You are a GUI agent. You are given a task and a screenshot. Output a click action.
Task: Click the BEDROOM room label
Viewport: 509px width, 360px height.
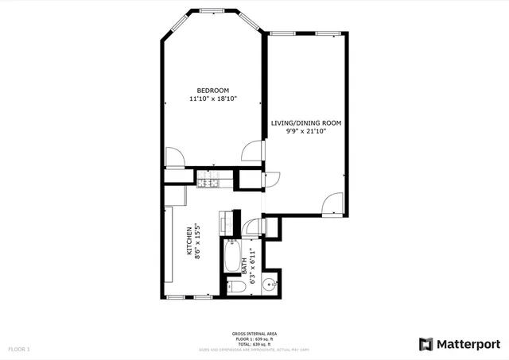tap(213, 90)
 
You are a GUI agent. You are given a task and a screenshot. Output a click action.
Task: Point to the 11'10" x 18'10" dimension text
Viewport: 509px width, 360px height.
tap(213, 99)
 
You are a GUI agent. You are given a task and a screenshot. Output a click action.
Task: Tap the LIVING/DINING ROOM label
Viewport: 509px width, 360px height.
tap(306, 123)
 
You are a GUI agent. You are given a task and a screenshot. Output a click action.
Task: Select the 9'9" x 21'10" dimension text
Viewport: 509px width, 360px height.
tap(306, 132)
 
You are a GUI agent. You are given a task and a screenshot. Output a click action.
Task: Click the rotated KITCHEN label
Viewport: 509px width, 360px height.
tap(189, 242)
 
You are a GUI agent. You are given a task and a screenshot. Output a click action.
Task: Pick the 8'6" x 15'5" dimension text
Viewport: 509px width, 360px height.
tap(198, 242)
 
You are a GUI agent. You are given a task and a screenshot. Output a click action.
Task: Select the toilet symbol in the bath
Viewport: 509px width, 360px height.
tap(236, 285)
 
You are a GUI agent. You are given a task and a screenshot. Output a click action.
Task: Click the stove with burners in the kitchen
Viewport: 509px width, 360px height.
tap(209, 184)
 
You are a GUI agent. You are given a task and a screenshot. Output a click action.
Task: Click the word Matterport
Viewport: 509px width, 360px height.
tap(468, 344)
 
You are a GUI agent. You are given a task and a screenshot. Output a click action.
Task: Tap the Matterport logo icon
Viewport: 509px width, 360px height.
tap(425, 344)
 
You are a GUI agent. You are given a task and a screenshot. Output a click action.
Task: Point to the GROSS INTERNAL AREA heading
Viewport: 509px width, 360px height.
tap(254, 335)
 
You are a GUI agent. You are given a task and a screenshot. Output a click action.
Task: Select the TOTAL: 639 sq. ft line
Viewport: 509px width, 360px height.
tap(254, 344)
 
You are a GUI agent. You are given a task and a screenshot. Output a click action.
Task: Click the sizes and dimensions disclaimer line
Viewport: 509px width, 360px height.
tap(254, 350)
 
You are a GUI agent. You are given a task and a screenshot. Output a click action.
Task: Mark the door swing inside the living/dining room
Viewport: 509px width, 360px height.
tap(328, 205)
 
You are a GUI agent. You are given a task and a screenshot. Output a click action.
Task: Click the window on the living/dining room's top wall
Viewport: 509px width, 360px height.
tap(305, 34)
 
